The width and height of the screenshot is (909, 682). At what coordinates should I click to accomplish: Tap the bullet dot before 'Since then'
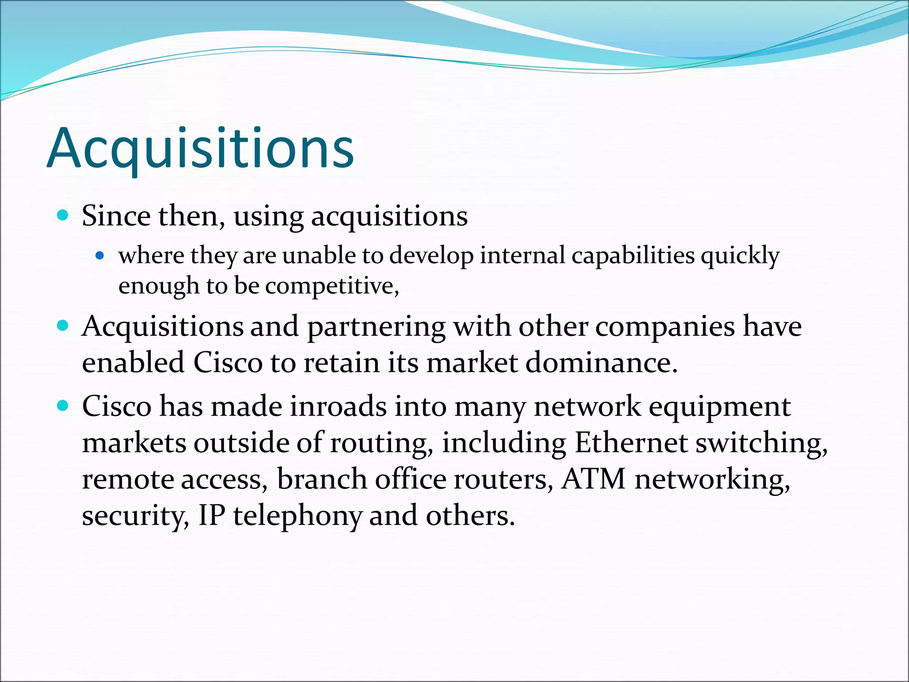click(63, 216)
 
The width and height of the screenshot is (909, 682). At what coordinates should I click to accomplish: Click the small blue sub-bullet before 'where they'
click(100, 255)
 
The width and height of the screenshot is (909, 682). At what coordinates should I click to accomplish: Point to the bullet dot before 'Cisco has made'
click(63, 406)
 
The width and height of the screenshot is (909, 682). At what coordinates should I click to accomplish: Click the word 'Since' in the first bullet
click(116, 216)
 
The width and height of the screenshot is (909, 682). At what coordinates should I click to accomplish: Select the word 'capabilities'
click(633, 256)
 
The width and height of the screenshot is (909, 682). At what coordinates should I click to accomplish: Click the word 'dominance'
click(601, 363)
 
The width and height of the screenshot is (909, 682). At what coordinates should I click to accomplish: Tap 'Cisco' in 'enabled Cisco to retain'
click(228, 363)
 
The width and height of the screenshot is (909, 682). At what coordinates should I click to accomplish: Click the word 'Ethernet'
click(631, 443)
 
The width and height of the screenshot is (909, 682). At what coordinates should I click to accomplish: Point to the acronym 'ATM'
click(593, 479)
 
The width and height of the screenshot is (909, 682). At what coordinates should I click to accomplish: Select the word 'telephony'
click(297, 516)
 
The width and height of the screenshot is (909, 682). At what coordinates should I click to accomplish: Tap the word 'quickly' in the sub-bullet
click(740, 257)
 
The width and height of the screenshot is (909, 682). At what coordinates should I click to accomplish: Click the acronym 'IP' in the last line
click(212, 515)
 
